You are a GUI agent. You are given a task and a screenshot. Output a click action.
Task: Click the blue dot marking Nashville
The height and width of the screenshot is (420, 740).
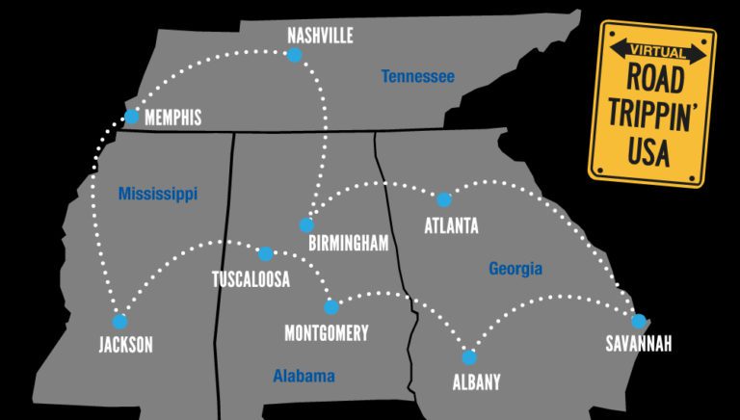coord(295,55)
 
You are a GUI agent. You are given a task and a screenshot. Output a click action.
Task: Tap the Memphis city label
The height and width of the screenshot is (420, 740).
coord(172,118)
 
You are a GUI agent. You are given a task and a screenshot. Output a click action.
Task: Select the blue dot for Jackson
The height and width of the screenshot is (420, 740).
coord(120,322)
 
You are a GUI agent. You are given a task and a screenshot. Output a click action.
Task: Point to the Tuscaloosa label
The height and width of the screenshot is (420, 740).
coord(251,279)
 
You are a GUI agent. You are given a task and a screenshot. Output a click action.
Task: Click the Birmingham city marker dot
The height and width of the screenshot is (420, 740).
coord(306,225)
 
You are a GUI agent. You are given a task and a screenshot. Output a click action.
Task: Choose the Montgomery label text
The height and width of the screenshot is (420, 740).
coord(327,333)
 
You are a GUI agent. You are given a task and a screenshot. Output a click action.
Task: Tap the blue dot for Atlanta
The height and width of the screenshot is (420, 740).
coord(443,200)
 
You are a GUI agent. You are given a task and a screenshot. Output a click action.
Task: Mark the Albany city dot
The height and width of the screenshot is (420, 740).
coord(469,357)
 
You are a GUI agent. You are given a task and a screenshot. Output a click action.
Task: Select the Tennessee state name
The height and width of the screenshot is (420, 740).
coord(417,76)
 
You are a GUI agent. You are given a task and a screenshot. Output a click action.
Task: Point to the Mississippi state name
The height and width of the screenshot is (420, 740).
coord(158,194)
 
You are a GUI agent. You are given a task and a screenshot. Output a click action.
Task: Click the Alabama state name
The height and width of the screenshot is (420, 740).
coord(304,376)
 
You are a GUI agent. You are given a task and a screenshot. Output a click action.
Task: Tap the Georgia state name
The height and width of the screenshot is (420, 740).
coord(515,269)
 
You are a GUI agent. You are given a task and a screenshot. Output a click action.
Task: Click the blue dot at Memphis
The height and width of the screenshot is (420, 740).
coord(131,117)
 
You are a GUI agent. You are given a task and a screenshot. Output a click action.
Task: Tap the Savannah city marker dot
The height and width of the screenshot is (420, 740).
coord(638,321)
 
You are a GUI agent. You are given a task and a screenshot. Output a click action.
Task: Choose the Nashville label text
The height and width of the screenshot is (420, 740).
coord(321,37)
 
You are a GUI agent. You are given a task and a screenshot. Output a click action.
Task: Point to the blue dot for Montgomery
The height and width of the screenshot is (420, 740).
coord(331,307)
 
